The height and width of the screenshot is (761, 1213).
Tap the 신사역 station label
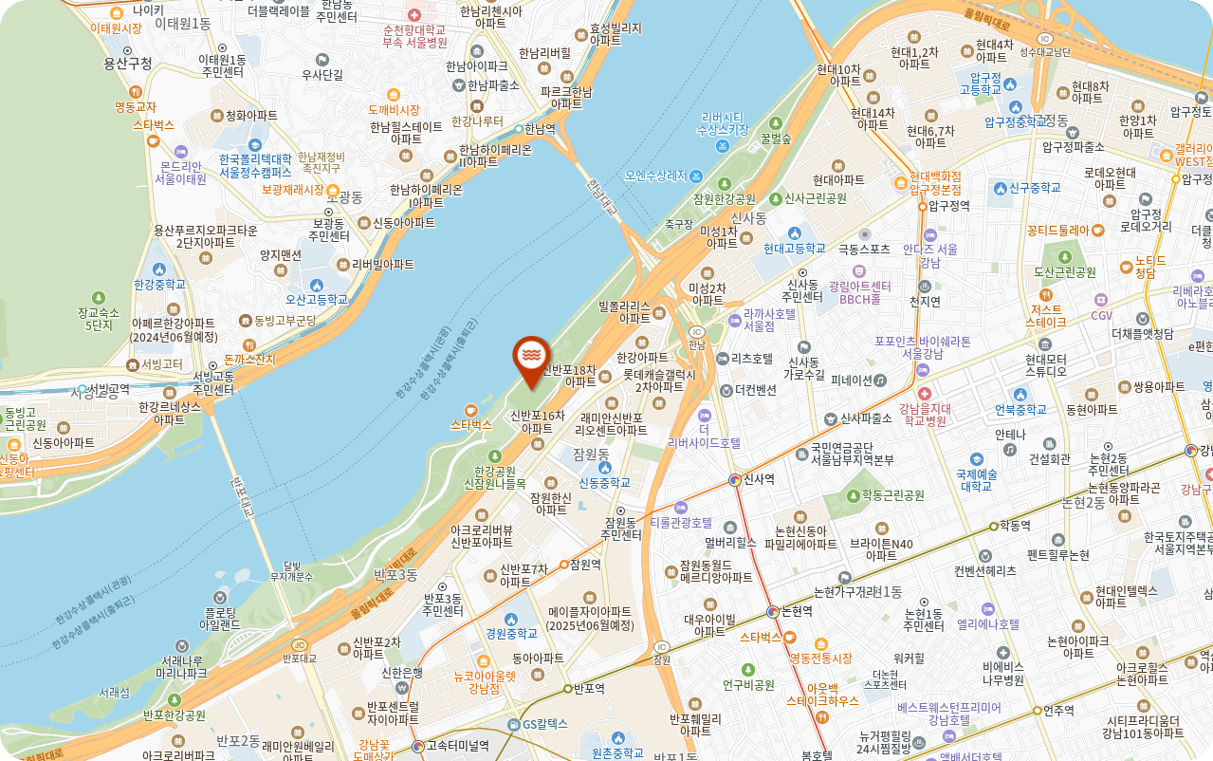click(x=759, y=479)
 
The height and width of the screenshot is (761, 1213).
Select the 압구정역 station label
click(x=948, y=205)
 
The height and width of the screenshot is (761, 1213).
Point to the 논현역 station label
click(x=796, y=611)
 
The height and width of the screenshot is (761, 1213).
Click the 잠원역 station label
click(x=586, y=564)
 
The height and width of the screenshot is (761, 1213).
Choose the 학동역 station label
click(x=1015, y=525)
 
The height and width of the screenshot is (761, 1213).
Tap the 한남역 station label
click(x=539, y=128)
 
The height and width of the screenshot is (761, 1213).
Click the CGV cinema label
click(x=1101, y=315)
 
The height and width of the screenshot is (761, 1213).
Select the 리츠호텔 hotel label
click(x=751, y=359)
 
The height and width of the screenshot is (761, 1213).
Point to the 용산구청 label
click(x=128, y=64)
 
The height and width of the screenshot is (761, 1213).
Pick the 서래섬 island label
click(x=114, y=693)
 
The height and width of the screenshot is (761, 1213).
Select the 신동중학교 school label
click(x=604, y=483)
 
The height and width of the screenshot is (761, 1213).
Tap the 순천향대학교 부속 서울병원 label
click(x=414, y=36)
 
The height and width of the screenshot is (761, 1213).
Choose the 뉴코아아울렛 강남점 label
click(x=485, y=682)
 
